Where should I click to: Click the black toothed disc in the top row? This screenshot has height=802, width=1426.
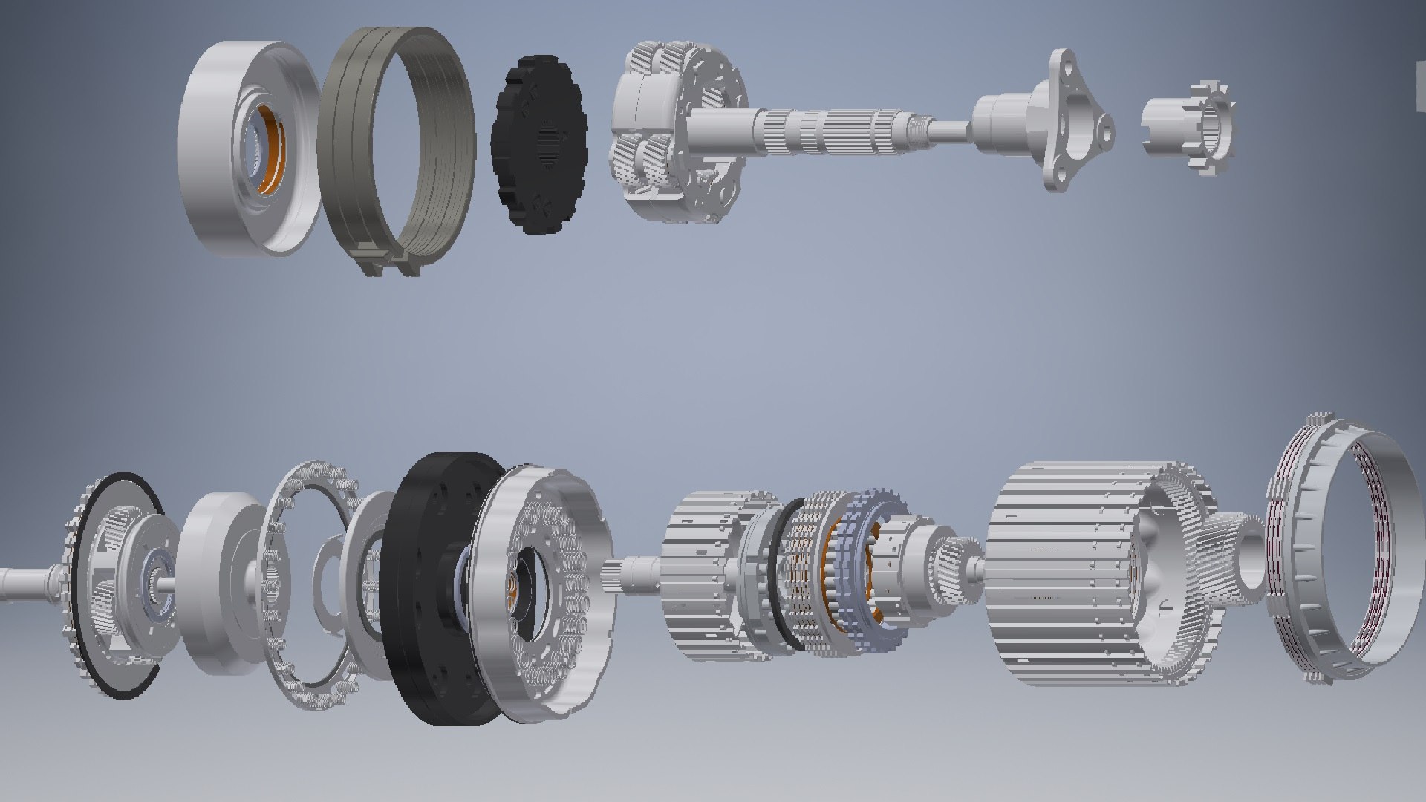[x=538, y=145]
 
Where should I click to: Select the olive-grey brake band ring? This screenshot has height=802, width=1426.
[x=349, y=149]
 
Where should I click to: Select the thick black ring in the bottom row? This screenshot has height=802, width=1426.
[x=427, y=594]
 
